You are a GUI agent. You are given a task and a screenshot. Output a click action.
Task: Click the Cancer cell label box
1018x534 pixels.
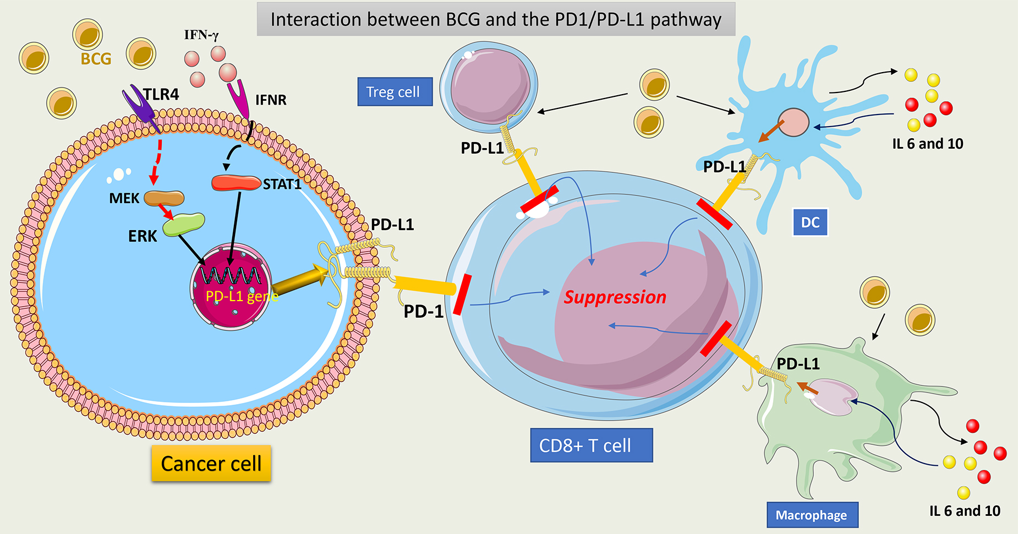click(x=211, y=464)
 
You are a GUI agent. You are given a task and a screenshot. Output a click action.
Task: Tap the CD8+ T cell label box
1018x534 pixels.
click(x=591, y=445)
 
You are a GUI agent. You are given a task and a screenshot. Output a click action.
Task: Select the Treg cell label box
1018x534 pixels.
click(x=395, y=92)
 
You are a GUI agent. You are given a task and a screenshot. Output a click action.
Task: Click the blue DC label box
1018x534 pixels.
click(x=810, y=222)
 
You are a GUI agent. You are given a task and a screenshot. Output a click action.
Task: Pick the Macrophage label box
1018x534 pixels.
click(x=812, y=515)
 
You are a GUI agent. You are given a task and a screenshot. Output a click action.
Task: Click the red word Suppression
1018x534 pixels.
click(x=615, y=297)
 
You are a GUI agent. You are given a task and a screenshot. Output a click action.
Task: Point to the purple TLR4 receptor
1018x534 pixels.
click(x=140, y=106)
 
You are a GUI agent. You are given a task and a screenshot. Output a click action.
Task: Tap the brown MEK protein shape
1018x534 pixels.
click(x=164, y=198)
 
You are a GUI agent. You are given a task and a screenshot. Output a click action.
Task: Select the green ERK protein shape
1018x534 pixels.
click(x=184, y=224)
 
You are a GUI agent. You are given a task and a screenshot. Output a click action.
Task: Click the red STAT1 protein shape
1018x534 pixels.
click(x=236, y=183)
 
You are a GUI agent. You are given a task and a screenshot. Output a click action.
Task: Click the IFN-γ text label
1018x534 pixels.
click(x=201, y=35)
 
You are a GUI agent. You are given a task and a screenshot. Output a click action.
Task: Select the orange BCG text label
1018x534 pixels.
click(x=96, y=59)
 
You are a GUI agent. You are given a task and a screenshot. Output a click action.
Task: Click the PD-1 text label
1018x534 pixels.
click(x=423, y=312)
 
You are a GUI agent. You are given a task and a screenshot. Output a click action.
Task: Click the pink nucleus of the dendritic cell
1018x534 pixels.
click(x=793, y=122)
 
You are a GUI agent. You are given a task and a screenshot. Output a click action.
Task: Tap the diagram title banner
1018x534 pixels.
click(x=496, y=20)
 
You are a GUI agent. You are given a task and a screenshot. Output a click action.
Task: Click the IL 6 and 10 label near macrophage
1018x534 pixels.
click(x=965, y=511)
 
